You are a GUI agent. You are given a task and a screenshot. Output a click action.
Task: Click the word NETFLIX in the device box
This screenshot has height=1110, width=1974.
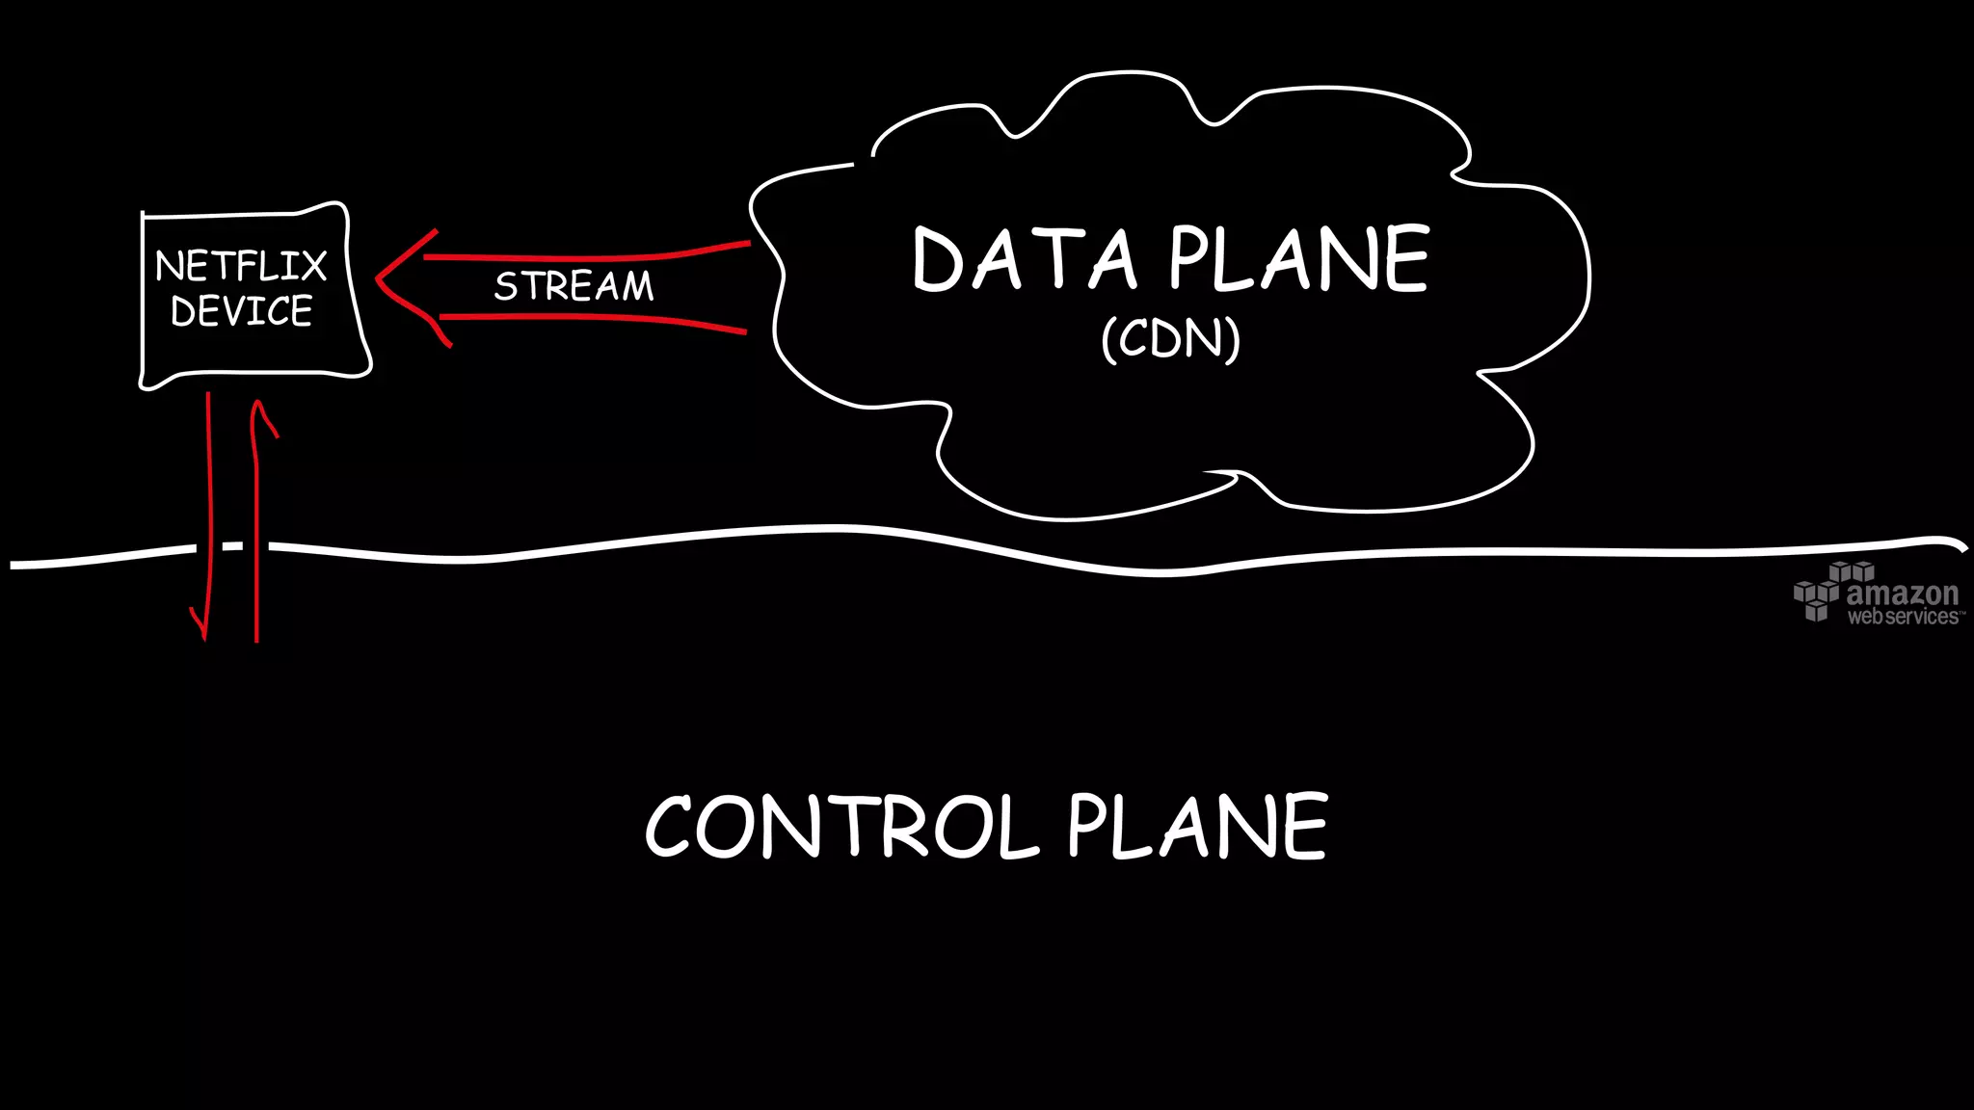pyautogui.click(x=241, y=266)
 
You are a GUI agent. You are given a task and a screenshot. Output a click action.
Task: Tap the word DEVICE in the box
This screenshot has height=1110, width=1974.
pyautogui.click(x=241, y=311)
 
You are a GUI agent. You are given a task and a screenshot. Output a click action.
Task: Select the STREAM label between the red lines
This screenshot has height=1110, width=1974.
pyautogui.click(x=574, y=286)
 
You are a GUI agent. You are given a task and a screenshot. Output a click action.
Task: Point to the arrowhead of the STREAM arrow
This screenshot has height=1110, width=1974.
pyautogui.click(x=379, y=278)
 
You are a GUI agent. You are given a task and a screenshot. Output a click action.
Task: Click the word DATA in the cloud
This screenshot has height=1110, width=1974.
pyautogui.click(x=1025, y=259)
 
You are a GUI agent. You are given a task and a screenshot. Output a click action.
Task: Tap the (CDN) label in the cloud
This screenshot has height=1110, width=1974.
pyautogui.click(x=1170, y=338)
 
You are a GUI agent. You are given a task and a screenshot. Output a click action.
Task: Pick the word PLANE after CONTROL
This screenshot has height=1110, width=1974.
pyautogui.click(x=1197, y=826)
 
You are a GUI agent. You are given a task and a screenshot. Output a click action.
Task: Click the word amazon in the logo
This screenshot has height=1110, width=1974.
pyautogui.click(x=1902, y=593)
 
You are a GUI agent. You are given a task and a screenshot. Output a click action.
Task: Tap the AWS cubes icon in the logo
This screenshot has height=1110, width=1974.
pyautogui.click(x=1819, y=592)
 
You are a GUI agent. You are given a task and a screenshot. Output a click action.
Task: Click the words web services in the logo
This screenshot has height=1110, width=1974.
pyautogui.click(x=1902, y=617)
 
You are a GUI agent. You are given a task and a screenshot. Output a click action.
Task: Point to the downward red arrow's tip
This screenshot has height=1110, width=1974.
pyautogui.click(x=204, y=636)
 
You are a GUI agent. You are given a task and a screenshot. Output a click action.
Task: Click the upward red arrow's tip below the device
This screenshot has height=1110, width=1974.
pyautogui.click(x=257, y=406)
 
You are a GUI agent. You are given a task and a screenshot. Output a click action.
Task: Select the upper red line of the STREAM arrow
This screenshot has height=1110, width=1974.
pyautogui.click(x=588, y=257)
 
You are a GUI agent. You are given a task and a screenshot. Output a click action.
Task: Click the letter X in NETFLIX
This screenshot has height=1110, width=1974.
pyautogui.click(x=312, y=266)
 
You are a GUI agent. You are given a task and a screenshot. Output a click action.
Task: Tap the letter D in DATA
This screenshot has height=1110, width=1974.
pyautogui.click(x=938, y=260)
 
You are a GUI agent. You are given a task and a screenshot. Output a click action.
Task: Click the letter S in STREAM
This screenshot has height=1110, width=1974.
pyautogui.click(x=505, y=286)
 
